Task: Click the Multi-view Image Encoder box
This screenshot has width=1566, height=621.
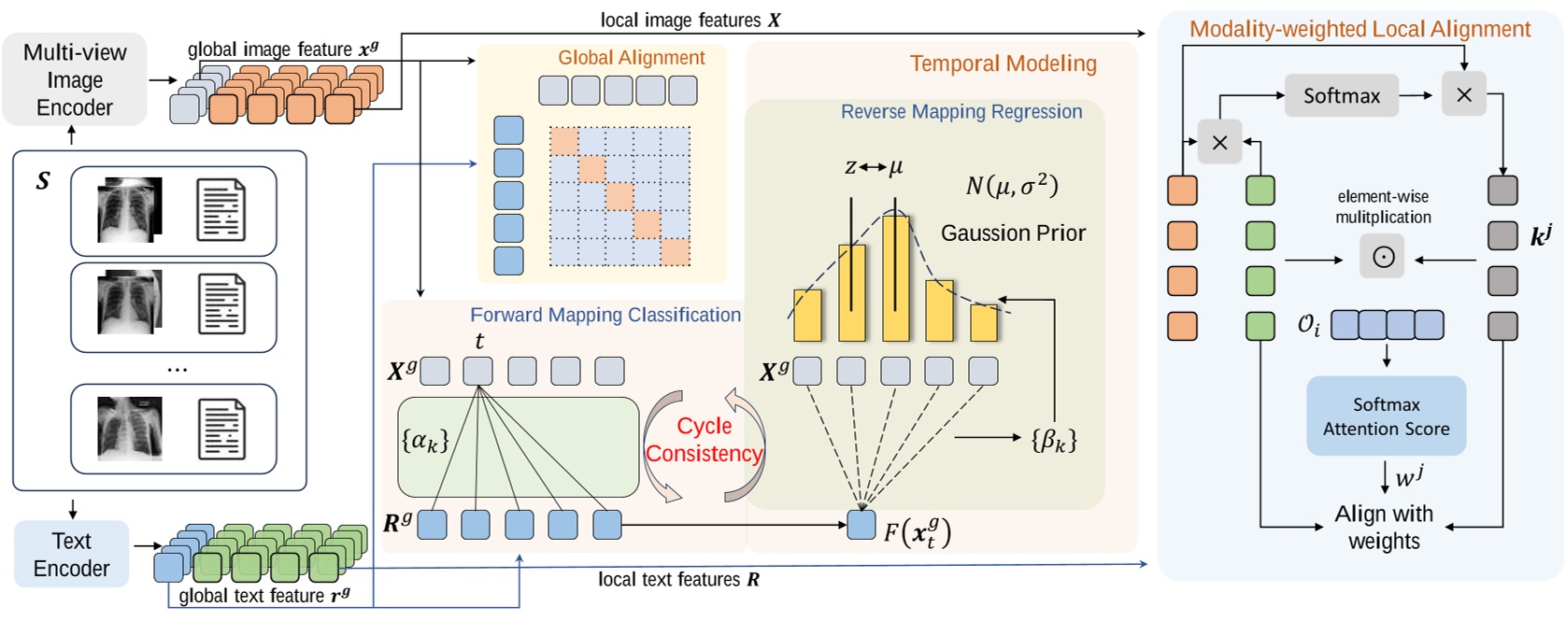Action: pos(75,79)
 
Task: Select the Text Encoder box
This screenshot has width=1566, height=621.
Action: pos(71,555)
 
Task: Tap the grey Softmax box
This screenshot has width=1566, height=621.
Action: pos(1341,95)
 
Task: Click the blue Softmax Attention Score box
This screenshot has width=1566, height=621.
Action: pos(1386,416)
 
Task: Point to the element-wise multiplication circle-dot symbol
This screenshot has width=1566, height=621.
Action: pos(1383,257)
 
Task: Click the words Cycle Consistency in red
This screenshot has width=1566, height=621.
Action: pos(705,440)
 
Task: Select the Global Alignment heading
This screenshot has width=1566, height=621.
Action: pos(631,58)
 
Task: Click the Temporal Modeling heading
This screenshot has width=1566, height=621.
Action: pos(1003,64)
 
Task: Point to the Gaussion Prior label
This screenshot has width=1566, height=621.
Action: pos(1013,233)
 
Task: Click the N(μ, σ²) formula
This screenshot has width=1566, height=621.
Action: pos(1012,186)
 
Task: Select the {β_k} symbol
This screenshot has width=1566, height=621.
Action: pos(1054,439)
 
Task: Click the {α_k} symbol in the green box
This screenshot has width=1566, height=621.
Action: pos(425,440)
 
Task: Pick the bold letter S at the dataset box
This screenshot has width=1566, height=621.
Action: pos(43,181)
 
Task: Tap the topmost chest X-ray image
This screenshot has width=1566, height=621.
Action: pos(130,210)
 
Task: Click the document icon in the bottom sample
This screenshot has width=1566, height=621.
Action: pos(221,429)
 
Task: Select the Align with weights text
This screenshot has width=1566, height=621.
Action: pos(1384,528)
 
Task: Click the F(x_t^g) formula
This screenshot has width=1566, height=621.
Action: pos(918,532)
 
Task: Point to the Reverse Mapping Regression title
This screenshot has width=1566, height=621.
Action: pos(961,112)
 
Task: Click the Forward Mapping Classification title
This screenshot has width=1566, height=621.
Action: pos(605,315)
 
